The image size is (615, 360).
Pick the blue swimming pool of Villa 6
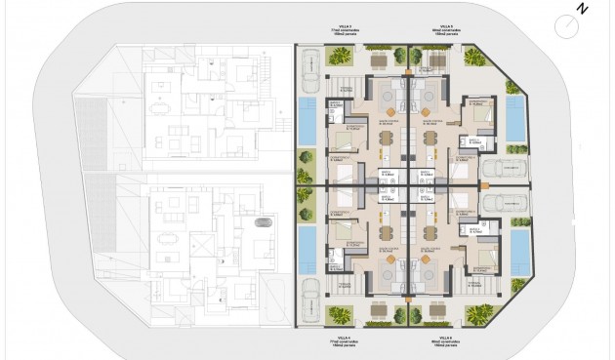pos(520,253)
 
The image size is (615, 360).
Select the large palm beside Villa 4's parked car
pos(339,315)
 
